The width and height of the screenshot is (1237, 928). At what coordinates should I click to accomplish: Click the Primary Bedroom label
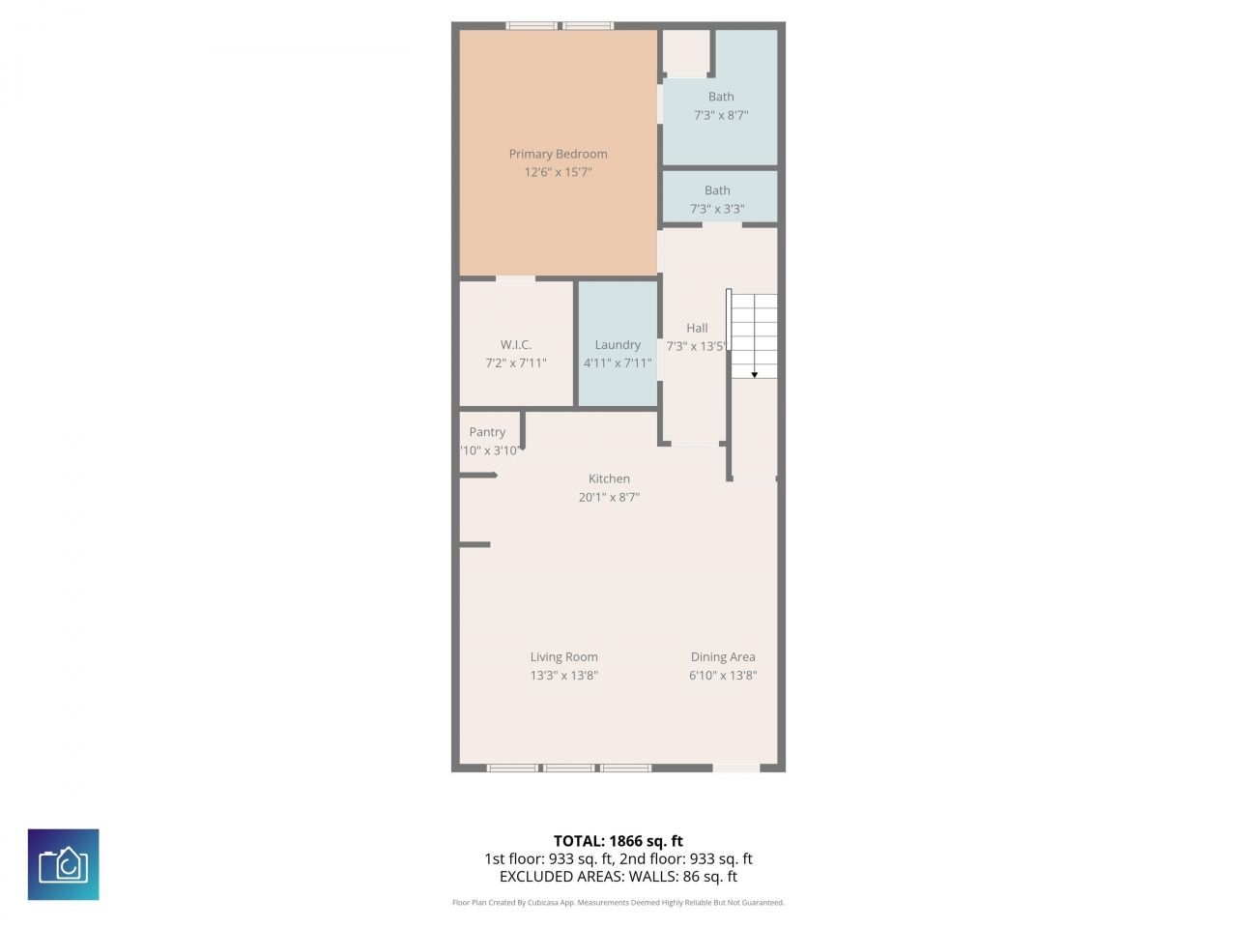click(558, 154)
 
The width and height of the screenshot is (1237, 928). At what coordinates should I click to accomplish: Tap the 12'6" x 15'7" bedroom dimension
click(558, 172)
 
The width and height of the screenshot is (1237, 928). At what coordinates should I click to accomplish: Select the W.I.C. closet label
click(516, 345)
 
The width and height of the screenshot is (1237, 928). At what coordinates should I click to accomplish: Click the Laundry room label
click(618, 345)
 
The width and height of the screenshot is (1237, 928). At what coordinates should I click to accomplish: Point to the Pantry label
click(487, 432)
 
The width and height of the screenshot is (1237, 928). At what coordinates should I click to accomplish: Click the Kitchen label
click(609, 478)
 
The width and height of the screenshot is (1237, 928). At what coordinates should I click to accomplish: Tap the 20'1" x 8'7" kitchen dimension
click(609, 497)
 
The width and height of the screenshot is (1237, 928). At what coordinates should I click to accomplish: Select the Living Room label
click(563, 657)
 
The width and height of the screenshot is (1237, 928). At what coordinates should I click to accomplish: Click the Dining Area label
click(723, 657)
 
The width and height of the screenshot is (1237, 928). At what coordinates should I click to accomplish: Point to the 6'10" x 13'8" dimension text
click(723, 676)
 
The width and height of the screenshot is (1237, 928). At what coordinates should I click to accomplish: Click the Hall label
click(697, 329)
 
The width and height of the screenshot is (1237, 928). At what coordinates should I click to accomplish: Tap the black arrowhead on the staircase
click(754, 374)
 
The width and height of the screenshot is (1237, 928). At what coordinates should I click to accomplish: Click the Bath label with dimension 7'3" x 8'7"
click(721, 97)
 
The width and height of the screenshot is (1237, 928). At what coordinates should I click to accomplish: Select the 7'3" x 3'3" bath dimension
click(717, 209)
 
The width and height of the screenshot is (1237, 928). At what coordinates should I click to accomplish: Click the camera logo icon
click(63, 864)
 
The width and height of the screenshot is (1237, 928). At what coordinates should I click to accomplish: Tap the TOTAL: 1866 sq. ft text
click(618, 841)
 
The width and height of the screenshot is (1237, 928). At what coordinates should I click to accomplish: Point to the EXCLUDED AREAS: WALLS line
click(618, 877)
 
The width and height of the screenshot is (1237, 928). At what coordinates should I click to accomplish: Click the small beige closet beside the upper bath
click(686, 52)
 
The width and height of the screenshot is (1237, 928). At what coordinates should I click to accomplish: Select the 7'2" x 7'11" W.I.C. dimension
click(516, 363)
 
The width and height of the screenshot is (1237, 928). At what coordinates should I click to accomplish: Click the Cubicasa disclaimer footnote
click(618, 903)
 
